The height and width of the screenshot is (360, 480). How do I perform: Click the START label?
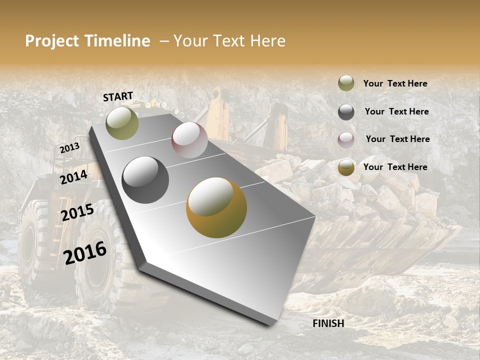[118, 96]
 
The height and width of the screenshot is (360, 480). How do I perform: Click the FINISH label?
[328, 323]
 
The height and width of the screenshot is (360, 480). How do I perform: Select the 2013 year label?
[70, 148]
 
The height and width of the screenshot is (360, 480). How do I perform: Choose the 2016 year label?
[85, 252]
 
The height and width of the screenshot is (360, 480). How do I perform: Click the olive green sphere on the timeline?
[122, 123]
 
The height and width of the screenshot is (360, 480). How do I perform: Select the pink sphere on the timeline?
[189, 140]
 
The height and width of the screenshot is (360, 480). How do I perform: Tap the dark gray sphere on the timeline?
[145, 180]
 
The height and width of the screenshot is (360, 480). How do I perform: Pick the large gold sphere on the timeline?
[216, 207]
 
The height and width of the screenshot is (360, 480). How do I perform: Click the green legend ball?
[346, 83]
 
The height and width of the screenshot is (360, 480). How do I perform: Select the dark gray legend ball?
[346, 112]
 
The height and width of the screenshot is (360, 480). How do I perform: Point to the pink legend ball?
[346, 139]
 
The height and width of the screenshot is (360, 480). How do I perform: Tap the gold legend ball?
[346, 167]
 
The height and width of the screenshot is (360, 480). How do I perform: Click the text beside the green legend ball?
[395, 84]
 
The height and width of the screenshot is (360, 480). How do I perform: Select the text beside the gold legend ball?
[395, 167]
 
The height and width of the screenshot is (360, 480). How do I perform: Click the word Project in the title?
[52, 41]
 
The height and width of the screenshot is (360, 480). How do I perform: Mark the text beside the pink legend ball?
[397, 139]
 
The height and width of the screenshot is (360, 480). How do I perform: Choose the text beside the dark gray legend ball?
[396, 111]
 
